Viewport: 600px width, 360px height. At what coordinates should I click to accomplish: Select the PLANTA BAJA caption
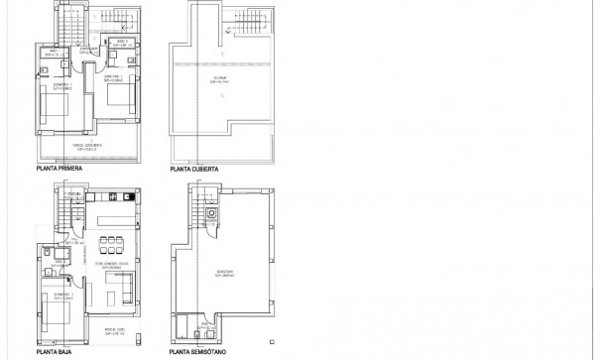coord(52,350)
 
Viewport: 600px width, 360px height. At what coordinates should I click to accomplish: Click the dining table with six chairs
coord(111,241)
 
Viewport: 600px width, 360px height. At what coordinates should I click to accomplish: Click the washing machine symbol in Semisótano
coord(211,214)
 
